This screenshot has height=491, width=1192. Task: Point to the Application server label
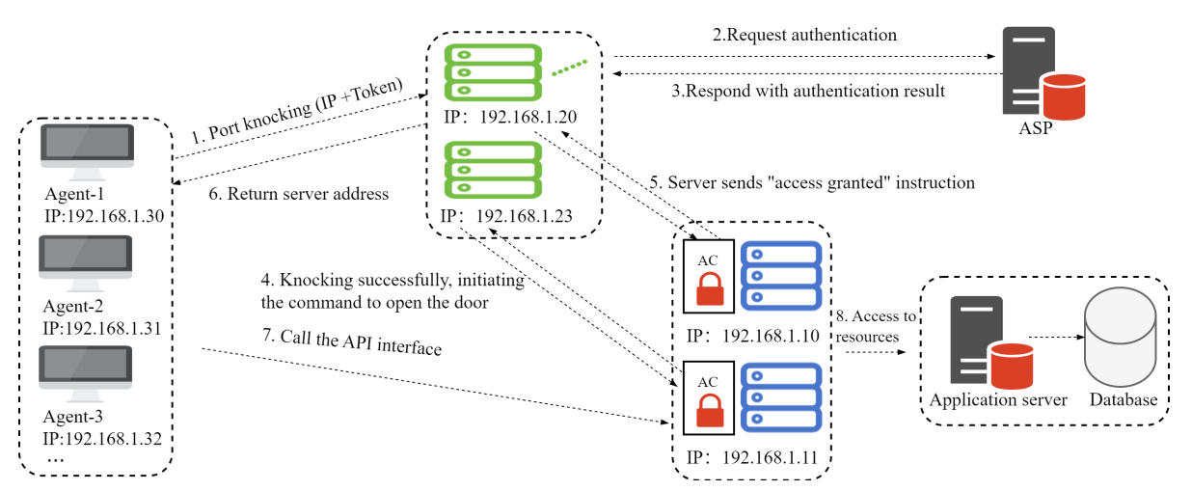[998, 400]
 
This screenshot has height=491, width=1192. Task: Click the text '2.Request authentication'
[804, 36]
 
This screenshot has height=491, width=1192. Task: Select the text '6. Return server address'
[299, 194]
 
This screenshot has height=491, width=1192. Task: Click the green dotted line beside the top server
[569, 69]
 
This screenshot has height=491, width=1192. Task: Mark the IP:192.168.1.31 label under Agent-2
[101, 327]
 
